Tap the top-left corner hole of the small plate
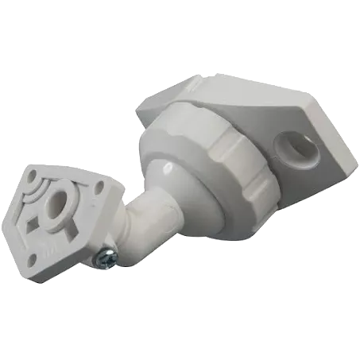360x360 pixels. click(x=32, y=175)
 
